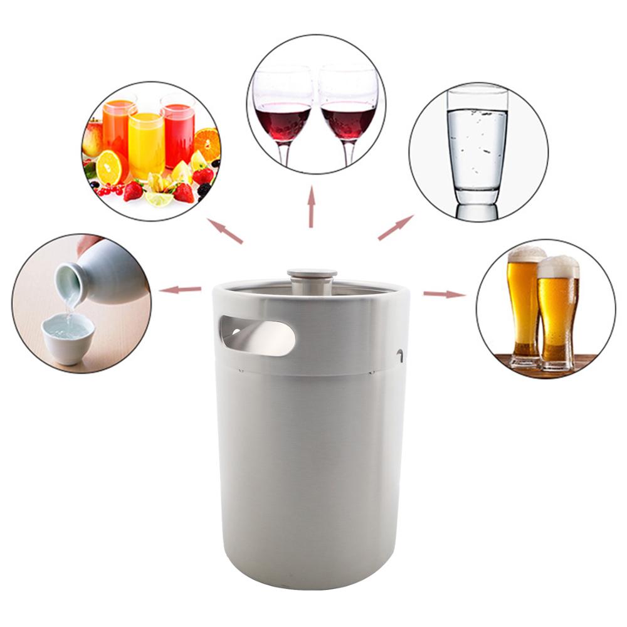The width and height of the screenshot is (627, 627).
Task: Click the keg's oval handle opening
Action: point(258,336)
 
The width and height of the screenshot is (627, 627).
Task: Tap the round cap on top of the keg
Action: point(312,274)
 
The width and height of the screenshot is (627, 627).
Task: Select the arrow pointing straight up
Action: point(311,207)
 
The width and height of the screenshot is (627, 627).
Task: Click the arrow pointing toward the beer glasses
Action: point(444,293)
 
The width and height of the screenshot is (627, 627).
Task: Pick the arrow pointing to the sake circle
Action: point(180,290)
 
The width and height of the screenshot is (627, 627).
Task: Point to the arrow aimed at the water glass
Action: point(395,228)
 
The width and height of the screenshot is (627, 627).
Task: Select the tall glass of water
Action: point(477,150)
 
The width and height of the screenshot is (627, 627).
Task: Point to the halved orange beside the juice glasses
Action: point(110,167)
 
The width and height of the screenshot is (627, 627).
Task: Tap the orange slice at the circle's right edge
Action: point(208,144)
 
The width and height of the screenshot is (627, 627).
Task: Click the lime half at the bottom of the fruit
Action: point(159,199)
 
